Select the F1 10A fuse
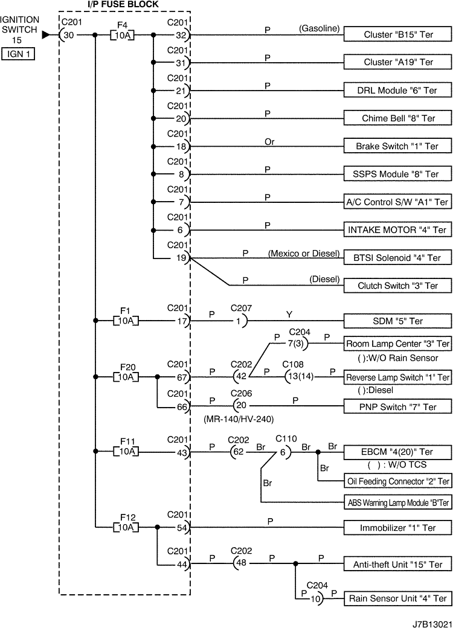[125, 321]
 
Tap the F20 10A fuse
[125, 377]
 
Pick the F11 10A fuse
[125, 451]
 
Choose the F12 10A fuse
[125, 527]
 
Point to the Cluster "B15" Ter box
[398, 34]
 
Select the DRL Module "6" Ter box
[398, 91]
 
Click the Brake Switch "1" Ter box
[398, 146]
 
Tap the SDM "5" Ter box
[398, 321]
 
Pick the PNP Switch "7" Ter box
[398, 407]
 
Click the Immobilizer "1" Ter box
[398, 527]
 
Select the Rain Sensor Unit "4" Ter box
[398, 599]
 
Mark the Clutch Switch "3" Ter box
[398, 286]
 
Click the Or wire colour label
[269, 142]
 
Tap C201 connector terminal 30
[68, 35]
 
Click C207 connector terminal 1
[238, 321]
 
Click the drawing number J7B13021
[431, 621]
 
